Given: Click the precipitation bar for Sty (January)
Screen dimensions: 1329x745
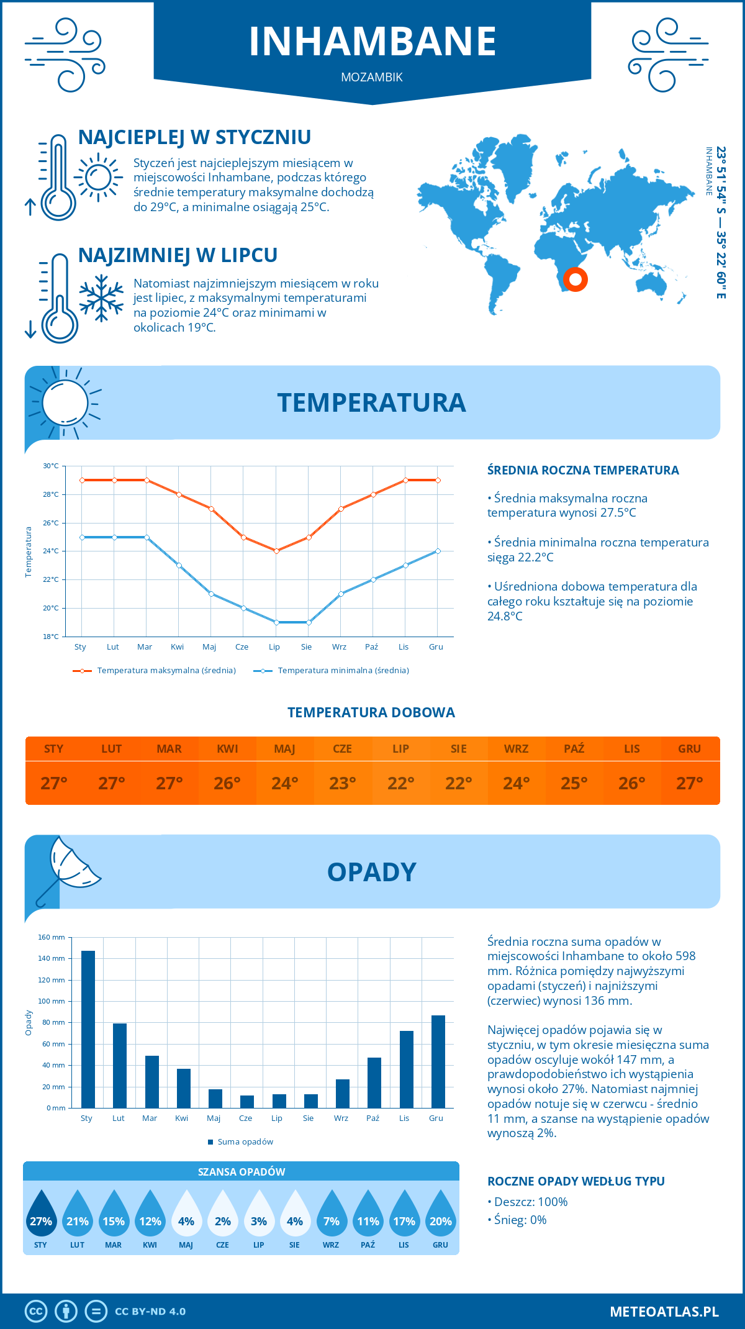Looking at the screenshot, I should (x=88, y=1029).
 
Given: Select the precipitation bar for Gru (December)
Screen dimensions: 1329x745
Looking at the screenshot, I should (x=438, y=1061).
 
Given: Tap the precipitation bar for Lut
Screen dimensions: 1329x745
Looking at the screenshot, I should (x=120, y=1065).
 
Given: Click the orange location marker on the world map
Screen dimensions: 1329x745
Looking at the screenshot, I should (x=576, y=279).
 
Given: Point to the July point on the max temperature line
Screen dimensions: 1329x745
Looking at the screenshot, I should (x=276, y=551).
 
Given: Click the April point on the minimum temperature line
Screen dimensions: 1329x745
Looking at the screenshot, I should (x=179, y=565).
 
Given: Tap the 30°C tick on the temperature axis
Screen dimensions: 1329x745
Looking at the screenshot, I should (x=51, y=466).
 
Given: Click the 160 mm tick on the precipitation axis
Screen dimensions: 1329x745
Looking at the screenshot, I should (x=52, y=937).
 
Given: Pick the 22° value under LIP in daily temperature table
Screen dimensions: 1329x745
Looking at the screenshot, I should (x=400, y=783).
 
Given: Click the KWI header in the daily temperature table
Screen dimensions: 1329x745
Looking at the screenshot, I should (x=227, y=749).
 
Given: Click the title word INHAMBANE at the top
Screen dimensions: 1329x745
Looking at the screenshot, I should (x=372, y=42).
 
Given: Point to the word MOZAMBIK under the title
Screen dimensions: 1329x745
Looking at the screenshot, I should (x=372, y=78).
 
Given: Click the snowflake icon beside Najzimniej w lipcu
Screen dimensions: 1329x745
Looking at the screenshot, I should (x=101, y=298).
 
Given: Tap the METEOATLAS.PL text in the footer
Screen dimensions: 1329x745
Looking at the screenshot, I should (x=664, y=1312).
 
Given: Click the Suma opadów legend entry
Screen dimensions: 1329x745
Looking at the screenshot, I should (x=245, y=1142).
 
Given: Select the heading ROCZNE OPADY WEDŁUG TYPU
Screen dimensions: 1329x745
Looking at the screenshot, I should (x=576, y=1181).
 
